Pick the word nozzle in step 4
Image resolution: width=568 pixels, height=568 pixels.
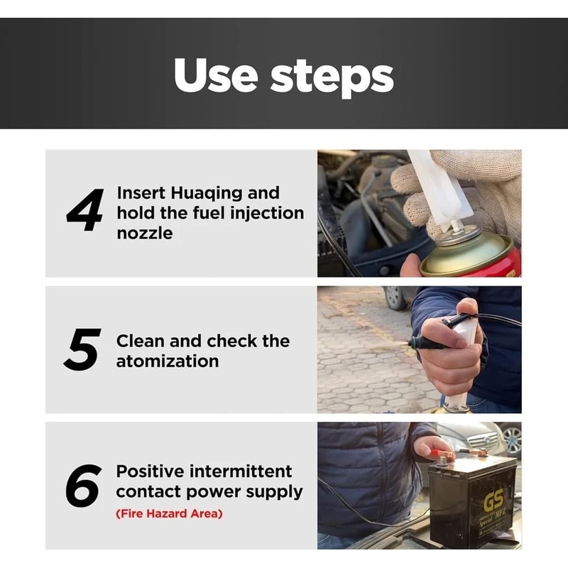coord(144,232)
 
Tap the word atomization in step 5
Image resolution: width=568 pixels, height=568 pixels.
coord(168,361)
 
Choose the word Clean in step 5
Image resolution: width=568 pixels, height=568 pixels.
coord(139,341)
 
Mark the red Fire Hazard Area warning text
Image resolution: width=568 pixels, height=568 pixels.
coord(169,513)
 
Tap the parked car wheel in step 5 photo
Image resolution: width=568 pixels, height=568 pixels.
coord(394,298)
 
